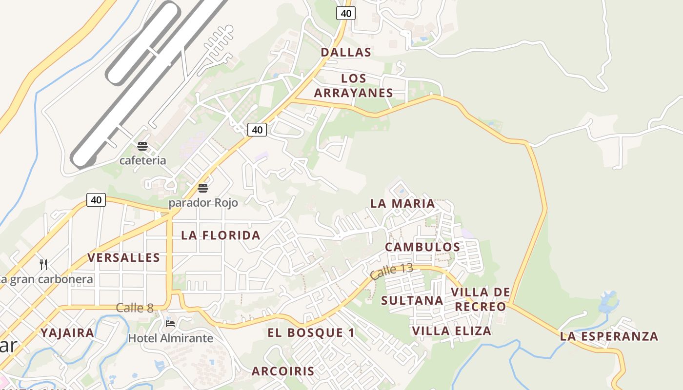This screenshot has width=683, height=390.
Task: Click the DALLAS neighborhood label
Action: pyautogui.click(x=346, y=52)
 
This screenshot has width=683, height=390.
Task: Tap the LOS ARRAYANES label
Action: pyautogui.click(x=354, y=86)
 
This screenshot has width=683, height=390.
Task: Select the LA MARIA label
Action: pyautogui.click(x=402, y=203)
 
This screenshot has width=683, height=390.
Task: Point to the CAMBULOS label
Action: pyautogui.click(x=422, y=247)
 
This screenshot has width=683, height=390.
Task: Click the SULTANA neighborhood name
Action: pyautogui.click(x=412, y=300)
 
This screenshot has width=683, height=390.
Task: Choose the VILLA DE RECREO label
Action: pyautogui.click(x=481, y=299)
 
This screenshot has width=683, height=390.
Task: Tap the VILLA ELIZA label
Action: pyautogui.click(x=452, y=331)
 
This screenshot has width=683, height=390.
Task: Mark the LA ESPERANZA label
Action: pyautogui.click(x=609, y=336)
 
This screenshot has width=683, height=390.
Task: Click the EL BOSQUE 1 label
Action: pyautogui.click(x=311, y=333)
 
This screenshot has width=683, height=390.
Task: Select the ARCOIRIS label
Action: pyautogui.click(x=283, y=371)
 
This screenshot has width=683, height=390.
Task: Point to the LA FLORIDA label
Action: pyautogui.click(x=221, y=235)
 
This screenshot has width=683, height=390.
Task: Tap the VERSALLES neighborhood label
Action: pyautogui.click(x=124, y=257)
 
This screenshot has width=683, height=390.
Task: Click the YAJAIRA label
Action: pyautogui.click(x=67, y=333)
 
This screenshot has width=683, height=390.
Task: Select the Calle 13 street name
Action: pyautogui.click(x=391, y=271)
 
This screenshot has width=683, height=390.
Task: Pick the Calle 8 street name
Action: pyautogui.click(x=135, y=308)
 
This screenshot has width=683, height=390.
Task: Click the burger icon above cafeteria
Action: pyautogui.click(x=142, y=146)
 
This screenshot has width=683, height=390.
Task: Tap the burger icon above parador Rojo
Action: pyautogui.click(x=203, y=188)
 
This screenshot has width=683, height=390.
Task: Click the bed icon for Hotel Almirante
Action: pyautogui.click(x=170, y=323)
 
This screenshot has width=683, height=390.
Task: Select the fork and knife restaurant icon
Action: pyautogui.click(x=44, y=264)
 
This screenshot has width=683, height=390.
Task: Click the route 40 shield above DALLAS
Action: pyautogui.click(x=346, y=13)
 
